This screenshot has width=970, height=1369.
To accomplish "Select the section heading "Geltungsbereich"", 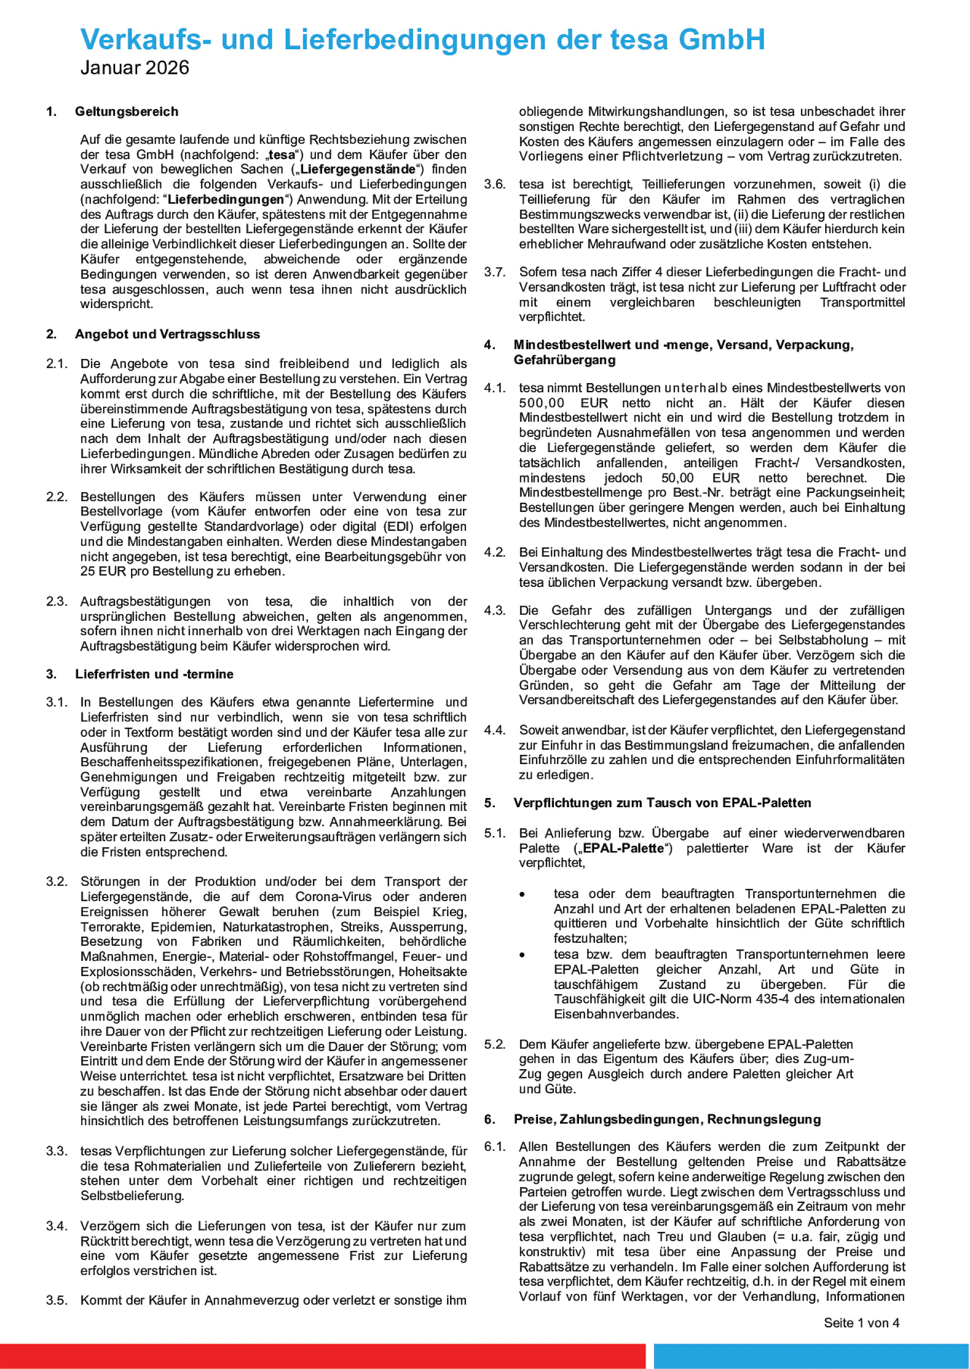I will [x=126, y=111].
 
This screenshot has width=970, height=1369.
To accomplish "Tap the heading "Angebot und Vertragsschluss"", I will [x=167, y=334].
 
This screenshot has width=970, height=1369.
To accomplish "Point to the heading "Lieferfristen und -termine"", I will [x=154, y=674].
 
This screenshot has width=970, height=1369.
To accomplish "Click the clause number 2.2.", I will [x=57, y=497].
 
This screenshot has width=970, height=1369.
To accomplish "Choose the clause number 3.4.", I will [x=57, y=1226].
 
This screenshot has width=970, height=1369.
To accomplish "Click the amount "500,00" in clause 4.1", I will [x=541, y=403].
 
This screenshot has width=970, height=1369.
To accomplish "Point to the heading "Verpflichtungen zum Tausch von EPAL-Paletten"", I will [x=662, y=803].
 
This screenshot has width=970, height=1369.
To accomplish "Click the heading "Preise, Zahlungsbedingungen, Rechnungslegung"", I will [x=666, y=1119].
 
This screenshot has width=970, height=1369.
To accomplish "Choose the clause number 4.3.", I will [x=495, y=611].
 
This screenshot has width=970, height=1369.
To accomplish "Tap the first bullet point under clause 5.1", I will [x=522, y=895].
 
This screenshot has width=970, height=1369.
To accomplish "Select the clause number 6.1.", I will [x=495, y=1147].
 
